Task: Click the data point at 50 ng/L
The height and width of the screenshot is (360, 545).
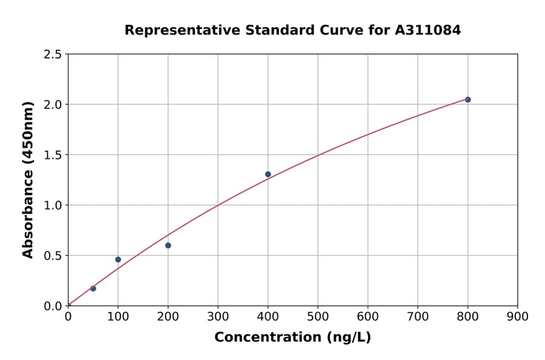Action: coord(93,288)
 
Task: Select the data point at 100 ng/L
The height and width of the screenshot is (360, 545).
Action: coord(118,259)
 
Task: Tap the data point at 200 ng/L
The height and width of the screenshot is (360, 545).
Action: coord(168,245)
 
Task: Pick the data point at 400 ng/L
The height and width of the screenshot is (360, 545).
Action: coord(268,175)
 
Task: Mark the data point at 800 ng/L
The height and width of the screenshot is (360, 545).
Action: coord(467,99)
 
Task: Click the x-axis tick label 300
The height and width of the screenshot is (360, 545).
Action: coord(218,317)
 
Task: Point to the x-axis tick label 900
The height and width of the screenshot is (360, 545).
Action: coord(517,317)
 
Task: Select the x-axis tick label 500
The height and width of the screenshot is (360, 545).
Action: coord(318,317)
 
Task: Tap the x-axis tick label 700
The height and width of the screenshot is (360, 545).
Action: coord(418,317)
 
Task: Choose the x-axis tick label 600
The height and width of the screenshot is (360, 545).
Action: coord(368,317)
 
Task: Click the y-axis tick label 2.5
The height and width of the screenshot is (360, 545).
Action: coord(52,55)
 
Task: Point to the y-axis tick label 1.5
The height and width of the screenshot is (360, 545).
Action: coord(52,155)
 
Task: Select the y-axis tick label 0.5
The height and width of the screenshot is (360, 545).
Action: coord(52,256)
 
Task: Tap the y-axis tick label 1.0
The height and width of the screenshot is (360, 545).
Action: coord(52,205)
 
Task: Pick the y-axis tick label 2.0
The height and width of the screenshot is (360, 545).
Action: coord(52,105)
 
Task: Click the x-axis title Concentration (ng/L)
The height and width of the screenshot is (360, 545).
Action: coord(292,338)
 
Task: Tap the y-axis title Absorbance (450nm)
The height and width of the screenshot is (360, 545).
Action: coord(28,179)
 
